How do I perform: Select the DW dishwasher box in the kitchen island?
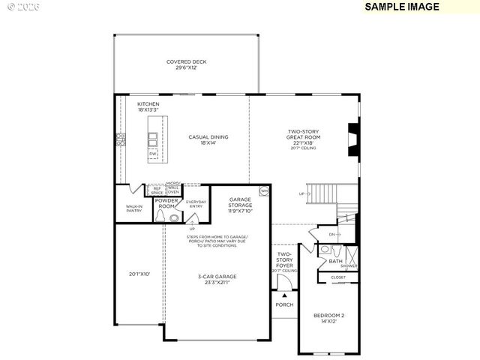[153, 154]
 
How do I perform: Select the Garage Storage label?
[240, 205]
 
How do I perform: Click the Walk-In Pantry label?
[134, 209]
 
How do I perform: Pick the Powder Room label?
[165, 203]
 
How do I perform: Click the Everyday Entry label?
[196, 203]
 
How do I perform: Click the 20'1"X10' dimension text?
[139, 274]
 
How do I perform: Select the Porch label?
[284, 304]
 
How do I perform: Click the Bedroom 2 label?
[328, 318]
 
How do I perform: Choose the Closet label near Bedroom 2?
[339, 277]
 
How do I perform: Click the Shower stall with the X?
[350, 256]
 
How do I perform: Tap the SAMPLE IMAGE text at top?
[401, 7]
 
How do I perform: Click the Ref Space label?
[157, 190]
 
